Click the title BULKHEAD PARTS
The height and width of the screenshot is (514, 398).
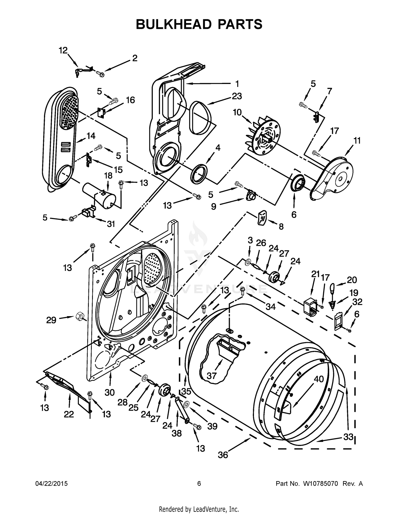[x=199, y=24]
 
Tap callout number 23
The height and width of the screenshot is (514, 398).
[x=237, y=96]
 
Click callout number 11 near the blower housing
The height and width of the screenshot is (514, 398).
[x=357, y=141]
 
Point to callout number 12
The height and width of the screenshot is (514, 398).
[x=63, y=50]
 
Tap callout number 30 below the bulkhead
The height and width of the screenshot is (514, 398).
[x=109, y=392]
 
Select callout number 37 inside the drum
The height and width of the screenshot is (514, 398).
[x=211, y=376]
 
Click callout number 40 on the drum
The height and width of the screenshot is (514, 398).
[x=319, y=379]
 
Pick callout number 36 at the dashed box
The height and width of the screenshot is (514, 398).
[x=223, y=455]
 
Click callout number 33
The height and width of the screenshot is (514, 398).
[x=348, y=437]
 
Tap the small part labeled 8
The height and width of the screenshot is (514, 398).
[x=262, y=218]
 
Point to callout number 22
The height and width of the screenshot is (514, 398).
[x=69, y=414]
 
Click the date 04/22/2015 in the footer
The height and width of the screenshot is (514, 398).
[x=51, y=484]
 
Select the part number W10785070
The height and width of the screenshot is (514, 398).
[x=321, y=484]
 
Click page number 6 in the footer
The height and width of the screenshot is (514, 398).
[x=199, y=484]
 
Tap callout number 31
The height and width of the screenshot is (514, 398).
[x=111, y=224]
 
